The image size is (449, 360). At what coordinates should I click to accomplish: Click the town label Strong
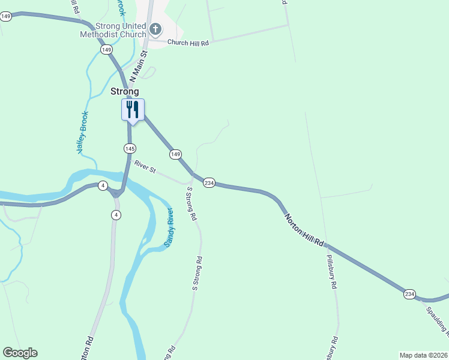click(x=125, y=92)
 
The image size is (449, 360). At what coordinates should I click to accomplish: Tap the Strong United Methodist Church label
click(x=113, y=30)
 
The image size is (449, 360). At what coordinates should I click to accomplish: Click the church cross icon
click(x=155, y=29)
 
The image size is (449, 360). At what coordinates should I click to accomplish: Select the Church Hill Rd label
click(x=187, y=43)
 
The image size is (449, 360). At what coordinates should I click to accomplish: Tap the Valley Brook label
click(x=83, y=133)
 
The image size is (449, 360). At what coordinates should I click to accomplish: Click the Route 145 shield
click(x=130, y=148)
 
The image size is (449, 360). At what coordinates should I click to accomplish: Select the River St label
click(x=145, y=167)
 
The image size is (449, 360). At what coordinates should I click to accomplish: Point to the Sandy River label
click(x=169, y=228)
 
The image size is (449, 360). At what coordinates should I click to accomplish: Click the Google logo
click(x=20, y=353)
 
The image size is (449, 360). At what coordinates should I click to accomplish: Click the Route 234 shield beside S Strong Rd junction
click(x=209, y=182)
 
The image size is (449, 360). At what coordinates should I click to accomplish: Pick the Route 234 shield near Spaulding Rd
click(x=409, y=294)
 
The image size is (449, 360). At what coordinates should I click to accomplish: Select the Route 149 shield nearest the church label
click(x=106, y=50)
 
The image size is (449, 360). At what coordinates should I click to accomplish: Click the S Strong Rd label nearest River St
click(x=191, y=204)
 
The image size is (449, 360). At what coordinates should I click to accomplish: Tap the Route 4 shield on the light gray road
click(x=116, y=215)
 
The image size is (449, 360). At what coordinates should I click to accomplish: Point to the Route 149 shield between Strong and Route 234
click(x=175, y=154)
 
